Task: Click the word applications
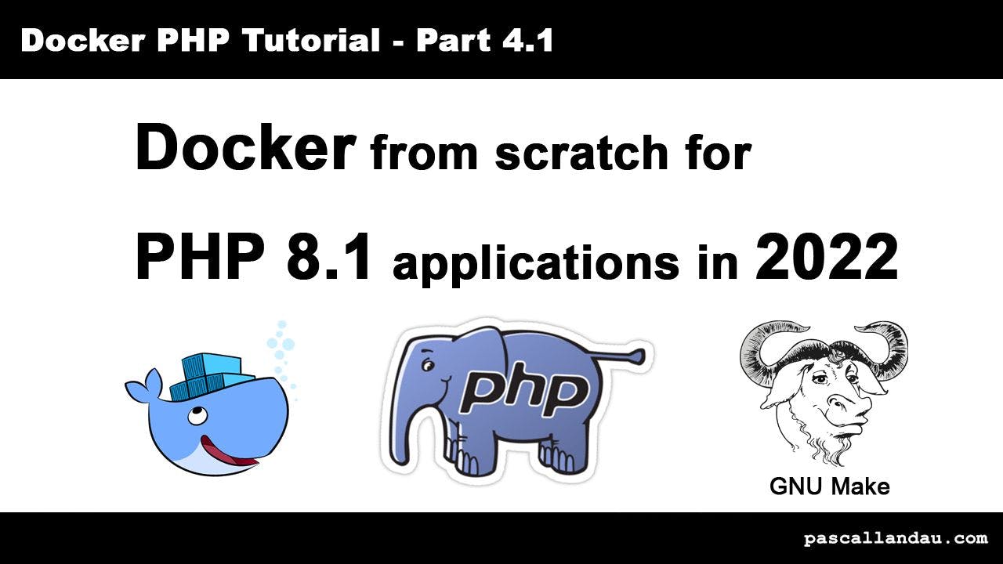click(x=535, y=265)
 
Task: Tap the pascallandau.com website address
click(x=896, y=538)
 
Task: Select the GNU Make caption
click(x=829, y=486)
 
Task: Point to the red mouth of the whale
click(x=227, y=452)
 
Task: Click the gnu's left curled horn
click(x=764, y=349)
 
